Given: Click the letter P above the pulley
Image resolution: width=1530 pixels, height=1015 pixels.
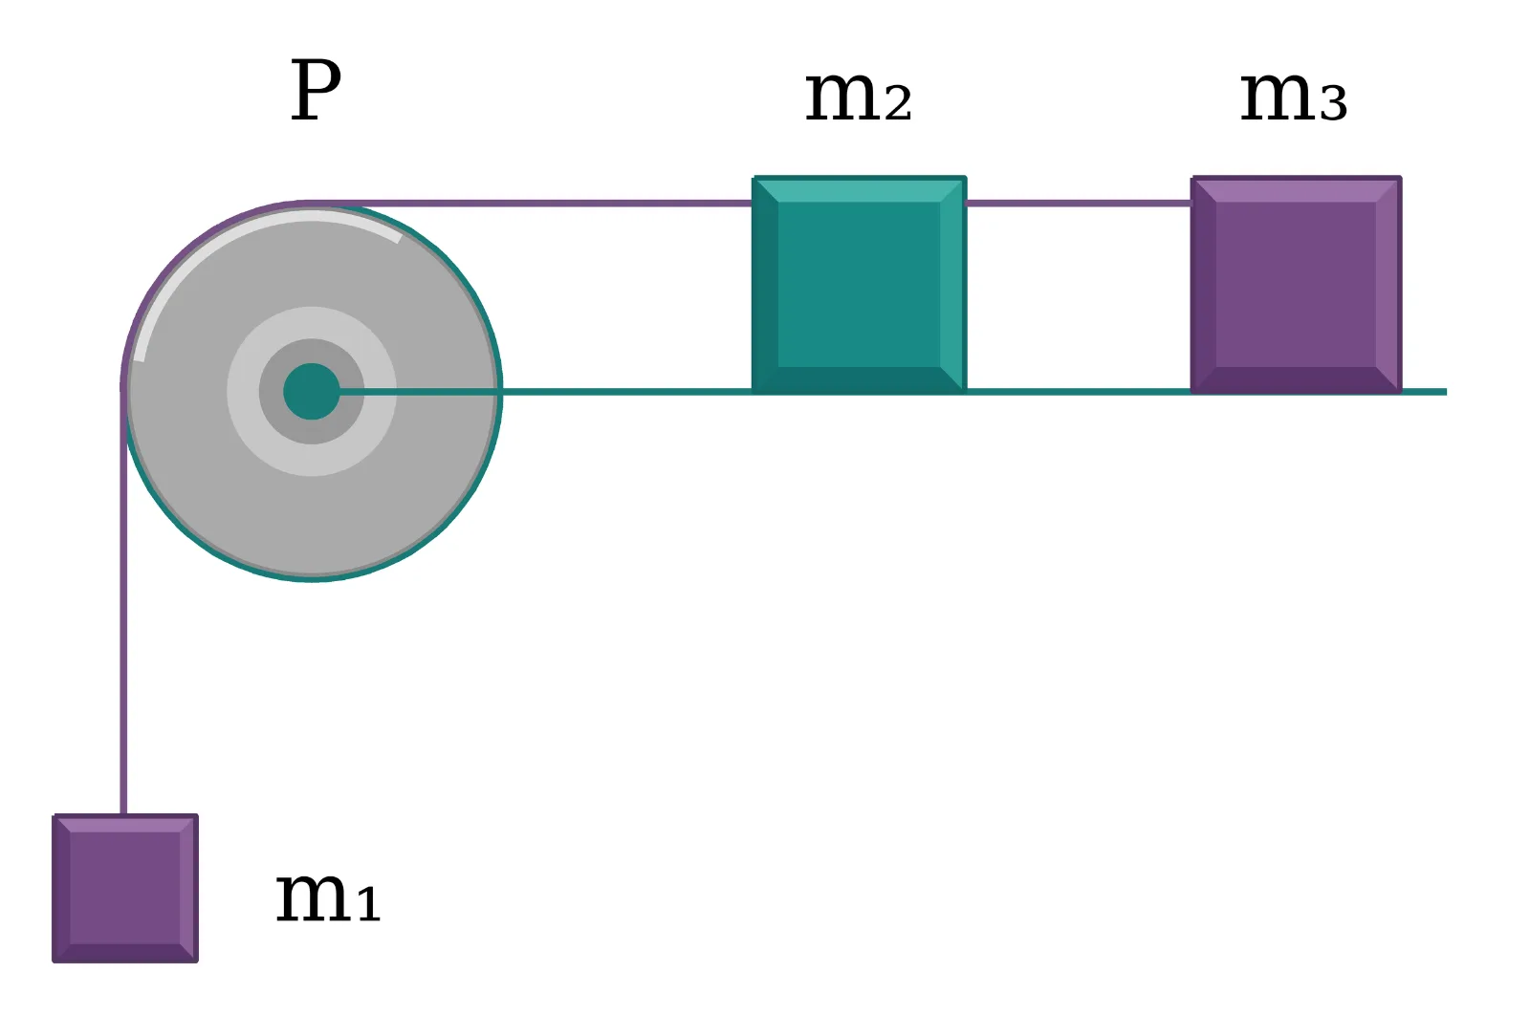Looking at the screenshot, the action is tap(316, 90).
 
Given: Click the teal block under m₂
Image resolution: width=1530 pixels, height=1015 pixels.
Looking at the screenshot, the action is tap(860, 284).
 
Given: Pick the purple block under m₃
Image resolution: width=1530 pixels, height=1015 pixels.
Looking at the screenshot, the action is tap(1297, 284).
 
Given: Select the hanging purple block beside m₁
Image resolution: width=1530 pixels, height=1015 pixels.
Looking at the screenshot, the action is tap(125, 888).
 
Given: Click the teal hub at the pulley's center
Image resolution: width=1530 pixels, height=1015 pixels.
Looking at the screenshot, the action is tap(312, 391).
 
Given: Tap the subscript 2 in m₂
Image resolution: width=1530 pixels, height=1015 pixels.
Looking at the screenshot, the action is tap(898, 105).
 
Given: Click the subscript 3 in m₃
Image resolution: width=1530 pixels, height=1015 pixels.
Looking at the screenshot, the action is tap(1333, 105).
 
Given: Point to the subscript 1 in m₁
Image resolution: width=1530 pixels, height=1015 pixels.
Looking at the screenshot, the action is tap(369, 904).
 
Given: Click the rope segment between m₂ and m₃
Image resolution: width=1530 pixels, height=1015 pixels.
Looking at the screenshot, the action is tap(1079, 204).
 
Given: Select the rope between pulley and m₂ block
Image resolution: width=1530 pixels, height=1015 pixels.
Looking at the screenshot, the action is tap(530, 204).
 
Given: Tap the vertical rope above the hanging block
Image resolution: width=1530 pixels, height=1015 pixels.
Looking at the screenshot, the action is tap(123, 600).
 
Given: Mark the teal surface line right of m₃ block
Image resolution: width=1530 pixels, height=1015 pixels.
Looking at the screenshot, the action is tap(1425, 392).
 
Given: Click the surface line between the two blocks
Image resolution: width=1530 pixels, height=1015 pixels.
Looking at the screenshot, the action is tap(1079, 392).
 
